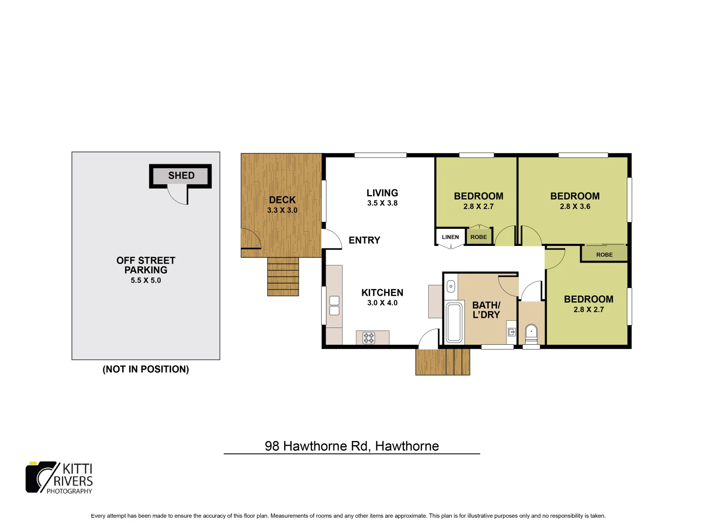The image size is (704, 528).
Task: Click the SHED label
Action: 181,176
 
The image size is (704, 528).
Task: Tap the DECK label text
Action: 282,200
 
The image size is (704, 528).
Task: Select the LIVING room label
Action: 382,193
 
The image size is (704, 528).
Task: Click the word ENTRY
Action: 364,240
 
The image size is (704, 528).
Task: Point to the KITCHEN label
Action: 382,293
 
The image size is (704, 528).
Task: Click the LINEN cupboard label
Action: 450,237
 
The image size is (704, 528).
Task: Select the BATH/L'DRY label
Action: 486,310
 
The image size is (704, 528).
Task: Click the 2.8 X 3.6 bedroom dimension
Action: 575,207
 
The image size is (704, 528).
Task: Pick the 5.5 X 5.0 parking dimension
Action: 146,281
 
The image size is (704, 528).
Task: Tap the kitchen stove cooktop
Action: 369,338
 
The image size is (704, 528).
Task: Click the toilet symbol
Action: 531,334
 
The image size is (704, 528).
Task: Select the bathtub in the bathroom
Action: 454,322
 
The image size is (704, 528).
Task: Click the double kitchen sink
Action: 334,306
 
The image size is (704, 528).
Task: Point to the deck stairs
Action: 283,277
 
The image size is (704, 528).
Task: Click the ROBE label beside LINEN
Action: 479,237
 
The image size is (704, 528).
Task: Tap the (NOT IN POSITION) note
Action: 146,370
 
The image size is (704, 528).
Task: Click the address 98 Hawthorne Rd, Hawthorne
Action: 352,446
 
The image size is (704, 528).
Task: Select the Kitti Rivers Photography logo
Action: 59,478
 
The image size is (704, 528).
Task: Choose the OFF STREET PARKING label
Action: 146,265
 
